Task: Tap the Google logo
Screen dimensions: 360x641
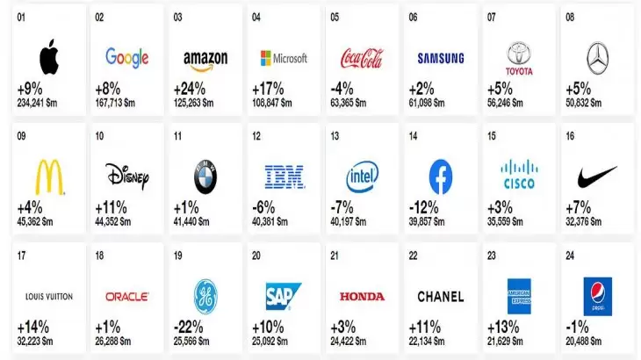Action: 127,58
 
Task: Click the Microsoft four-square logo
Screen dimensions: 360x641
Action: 266,59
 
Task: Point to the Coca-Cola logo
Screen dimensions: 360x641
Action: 362,59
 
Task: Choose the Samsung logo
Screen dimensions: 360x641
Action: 440,59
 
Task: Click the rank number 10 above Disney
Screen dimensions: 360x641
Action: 100,136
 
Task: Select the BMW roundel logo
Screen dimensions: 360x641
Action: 206,177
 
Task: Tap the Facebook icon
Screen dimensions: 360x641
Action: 440,176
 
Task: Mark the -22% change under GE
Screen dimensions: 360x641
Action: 192,327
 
